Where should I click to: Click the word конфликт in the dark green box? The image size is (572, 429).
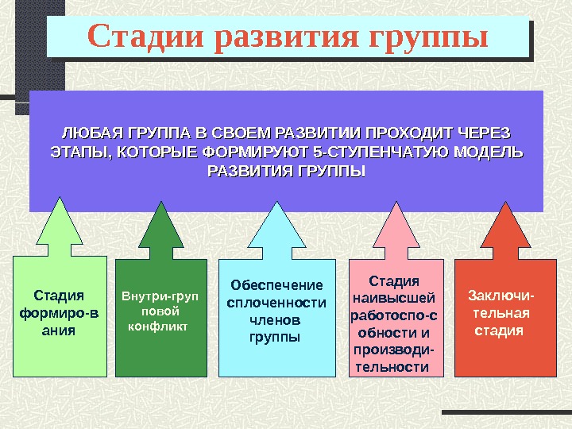pyautogui.click(x=157, y=325)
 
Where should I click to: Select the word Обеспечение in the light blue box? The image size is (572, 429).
pyautogui.click(x=276, y=285)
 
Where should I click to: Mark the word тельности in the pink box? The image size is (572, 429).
pyautogui.click(x=392, y=366)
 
